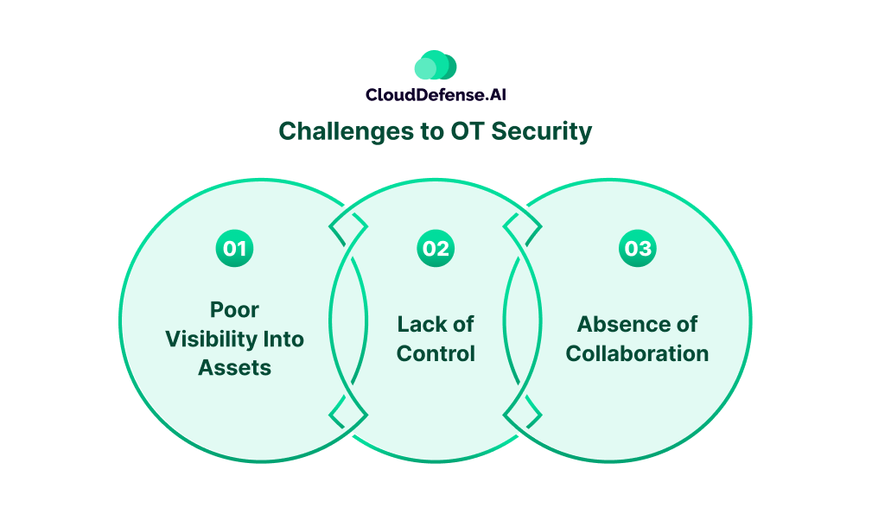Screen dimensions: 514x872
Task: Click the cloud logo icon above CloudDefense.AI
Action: (x=435, y=66)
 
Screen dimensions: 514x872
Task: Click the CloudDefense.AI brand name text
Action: (x=435, y=95)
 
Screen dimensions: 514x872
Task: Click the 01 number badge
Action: (x=234, y=249)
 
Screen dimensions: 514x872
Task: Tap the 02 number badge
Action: (x=436, y=249)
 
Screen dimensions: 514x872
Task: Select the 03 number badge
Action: (x=638, y=249)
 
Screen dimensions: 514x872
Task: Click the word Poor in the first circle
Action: (x=234, y=309)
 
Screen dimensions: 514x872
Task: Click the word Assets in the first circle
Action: (x=234, y=367)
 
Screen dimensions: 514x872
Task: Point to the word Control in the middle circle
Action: (x=436, y=353)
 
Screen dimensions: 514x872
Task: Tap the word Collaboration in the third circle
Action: (x=638, y=353)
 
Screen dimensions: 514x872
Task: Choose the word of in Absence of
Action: (x=684, y=324)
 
